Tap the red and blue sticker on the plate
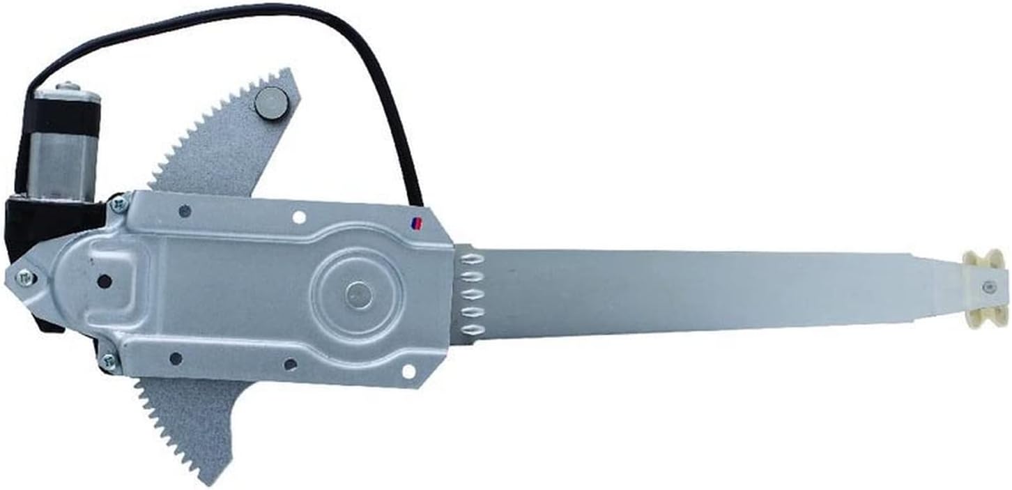(x=416, y=224)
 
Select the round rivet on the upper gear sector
(x=271, y=102)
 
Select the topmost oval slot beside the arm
(x=473, y=259)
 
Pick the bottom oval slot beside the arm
(x=473, y=328)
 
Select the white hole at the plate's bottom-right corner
(x=408, y=371)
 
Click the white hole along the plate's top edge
(x=299, y=217)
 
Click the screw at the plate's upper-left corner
(x=118, y=204)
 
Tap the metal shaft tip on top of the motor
(x=67, y=87)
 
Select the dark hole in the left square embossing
(x=105, y=282)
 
